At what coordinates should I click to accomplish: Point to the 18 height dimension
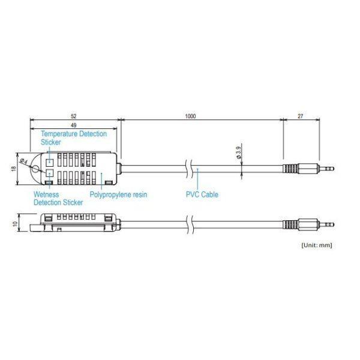(x=14, y=169)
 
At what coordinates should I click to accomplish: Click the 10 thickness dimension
(x=14, y=223)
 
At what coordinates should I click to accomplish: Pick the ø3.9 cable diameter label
(x=239, y=152)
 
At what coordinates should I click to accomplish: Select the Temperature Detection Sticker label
(x=73, y=138)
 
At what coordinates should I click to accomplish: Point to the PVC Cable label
(x=202, y=194)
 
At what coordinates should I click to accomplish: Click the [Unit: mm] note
(x=316, y=245)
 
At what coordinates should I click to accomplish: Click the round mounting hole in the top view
(x=37, y=169)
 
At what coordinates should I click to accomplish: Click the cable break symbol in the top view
(x=190, y=169)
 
